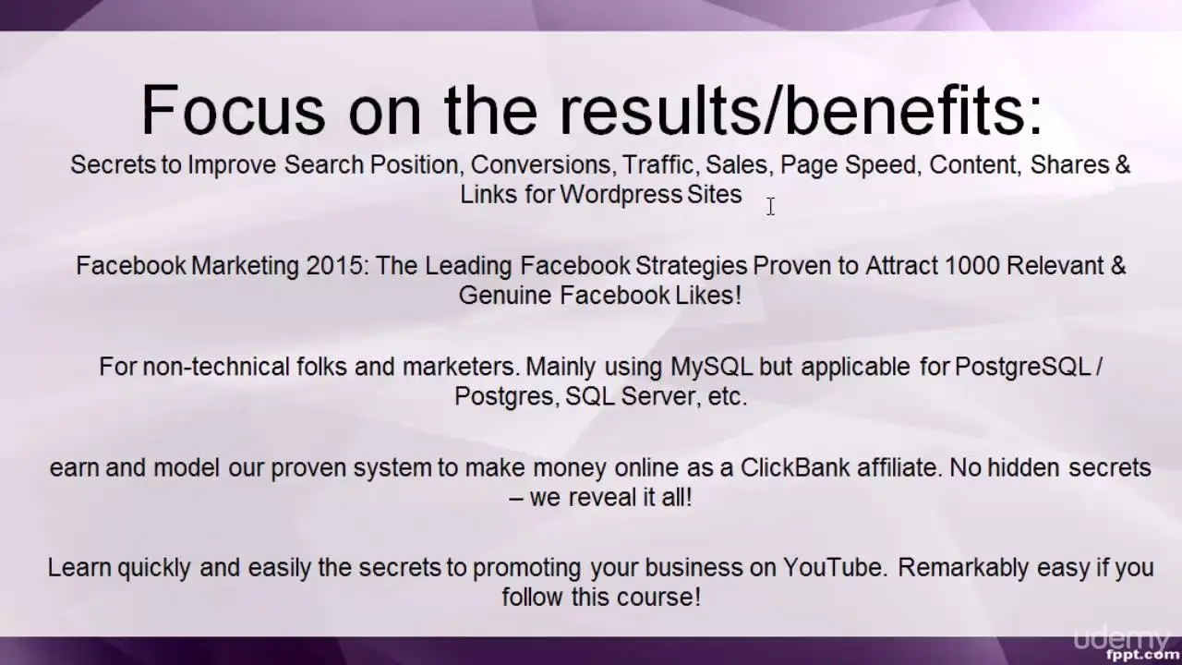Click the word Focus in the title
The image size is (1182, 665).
[x=233, y=110]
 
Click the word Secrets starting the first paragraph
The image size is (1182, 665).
[x=113, y=164]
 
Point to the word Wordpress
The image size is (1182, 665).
[x=621, y=195]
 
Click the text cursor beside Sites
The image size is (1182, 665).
[x=771, y=206]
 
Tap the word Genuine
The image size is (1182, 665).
[x=505, y=295]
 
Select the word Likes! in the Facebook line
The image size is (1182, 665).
[x=708, y=295]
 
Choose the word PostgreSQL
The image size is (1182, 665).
[x=1022, y=367]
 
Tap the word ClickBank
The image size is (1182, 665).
[x=795, y=467]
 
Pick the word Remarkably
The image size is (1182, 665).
[x=963, y=569]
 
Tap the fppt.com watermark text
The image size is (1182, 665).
[x=1144, y=655]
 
